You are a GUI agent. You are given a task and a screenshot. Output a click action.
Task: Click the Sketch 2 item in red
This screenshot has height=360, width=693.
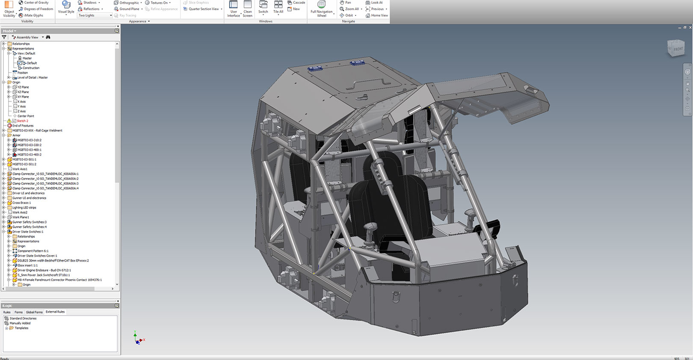22,121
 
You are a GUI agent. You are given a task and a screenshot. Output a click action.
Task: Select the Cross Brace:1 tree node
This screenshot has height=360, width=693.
21,203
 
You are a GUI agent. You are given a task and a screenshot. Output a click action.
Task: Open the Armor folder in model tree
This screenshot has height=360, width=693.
16,135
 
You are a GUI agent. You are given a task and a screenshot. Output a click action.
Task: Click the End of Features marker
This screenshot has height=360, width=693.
23,126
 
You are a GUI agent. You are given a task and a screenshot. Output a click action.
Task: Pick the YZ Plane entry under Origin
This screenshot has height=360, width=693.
23,87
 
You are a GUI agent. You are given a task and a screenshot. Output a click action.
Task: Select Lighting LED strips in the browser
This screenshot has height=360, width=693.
24,208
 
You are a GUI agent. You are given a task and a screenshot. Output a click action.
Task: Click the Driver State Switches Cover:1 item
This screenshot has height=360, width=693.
37,256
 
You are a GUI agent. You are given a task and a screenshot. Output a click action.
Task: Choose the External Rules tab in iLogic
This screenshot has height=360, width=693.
55,312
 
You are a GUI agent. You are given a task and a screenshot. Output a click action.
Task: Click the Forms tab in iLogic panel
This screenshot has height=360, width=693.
18,312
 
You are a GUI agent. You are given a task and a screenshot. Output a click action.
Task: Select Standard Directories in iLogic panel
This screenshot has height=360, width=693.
23,319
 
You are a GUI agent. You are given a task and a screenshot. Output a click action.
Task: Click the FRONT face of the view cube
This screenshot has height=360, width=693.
677,49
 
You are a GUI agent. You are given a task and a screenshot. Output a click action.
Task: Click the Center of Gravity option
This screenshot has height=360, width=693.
36,3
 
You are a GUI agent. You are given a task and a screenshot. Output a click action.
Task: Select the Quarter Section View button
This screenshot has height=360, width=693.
203,9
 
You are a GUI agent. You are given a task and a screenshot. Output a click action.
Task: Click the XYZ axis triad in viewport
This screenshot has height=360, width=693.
138,339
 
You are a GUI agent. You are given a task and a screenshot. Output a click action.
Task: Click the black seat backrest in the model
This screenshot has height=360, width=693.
385,205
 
